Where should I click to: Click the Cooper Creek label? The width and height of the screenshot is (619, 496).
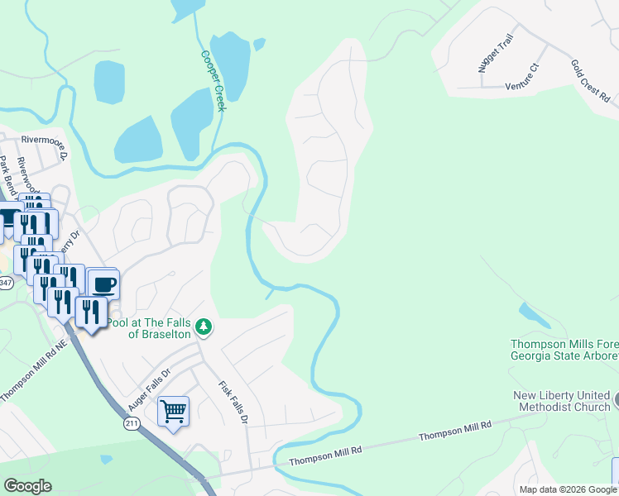[x=213, y=80]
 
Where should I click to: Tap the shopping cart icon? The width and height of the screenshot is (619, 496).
[x=173, y=411]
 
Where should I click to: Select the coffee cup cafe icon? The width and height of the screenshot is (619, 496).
[x=103, y=285]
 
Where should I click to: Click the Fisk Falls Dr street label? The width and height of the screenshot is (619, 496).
[x=233, y=403]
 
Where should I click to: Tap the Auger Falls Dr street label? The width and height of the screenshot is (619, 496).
[x=148, y=390]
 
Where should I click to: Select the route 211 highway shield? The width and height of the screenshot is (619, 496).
[x=134, y=423]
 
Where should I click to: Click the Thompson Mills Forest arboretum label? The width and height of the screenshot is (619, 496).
[x=564, y=350]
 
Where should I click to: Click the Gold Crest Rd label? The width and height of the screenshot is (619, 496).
[x=590, y=80]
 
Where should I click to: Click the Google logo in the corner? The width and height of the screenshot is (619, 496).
[x=27, y=486]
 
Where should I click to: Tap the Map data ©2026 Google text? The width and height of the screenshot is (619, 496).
[x=568, y=489]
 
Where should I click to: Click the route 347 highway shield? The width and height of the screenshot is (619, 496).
[x=5, y=284]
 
